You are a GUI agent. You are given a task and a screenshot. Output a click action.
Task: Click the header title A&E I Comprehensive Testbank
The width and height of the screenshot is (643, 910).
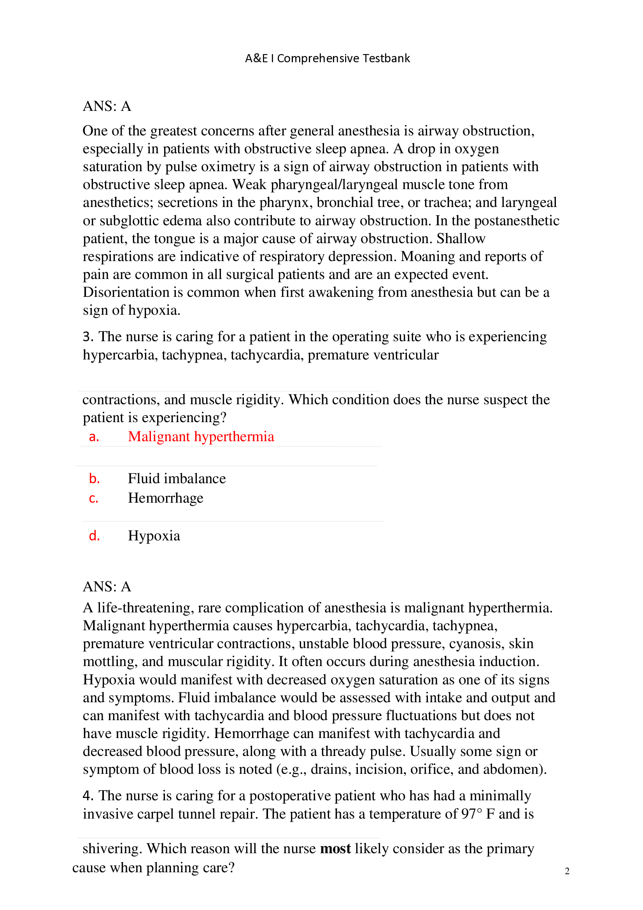pyautogui.click(x=327, y=58)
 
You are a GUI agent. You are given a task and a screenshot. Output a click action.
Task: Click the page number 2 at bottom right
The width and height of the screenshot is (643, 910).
pyautogui.click(x=567, y=871)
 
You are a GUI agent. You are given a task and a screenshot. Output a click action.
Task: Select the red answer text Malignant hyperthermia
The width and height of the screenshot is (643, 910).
pyautogui.click(x=201, y=437)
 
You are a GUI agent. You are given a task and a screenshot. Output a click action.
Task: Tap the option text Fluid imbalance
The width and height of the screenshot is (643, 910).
pyautogui.click(x=177, y=479)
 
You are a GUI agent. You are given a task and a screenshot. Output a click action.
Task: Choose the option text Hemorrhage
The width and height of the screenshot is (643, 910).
pyautogui.click(x=166, y=498)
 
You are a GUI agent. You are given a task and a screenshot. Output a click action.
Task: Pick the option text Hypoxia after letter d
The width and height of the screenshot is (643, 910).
pyautogui.click(x=154, y=536)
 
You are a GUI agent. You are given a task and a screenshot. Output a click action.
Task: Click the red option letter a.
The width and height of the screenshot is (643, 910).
pyautogui.click(x=94, y=437)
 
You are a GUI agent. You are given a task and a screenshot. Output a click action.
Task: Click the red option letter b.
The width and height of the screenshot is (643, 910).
pyautogui.click(x=94, y=479)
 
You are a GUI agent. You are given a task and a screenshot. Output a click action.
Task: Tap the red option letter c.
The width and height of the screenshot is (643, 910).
pyautogui.click(x=93, y=498)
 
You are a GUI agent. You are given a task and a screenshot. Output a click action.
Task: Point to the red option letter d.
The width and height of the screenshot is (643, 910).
pyautogui.click(x=94, y=536)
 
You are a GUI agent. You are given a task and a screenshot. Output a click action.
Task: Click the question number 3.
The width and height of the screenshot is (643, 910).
pyautogui.click(x=88, y=337)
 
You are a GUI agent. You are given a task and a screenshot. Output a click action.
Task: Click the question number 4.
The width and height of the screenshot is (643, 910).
pyautogui.click(x=88, y=796)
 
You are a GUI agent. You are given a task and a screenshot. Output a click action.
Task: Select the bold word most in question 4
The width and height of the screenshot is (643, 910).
pyautogui.click(x=335, y=849)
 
